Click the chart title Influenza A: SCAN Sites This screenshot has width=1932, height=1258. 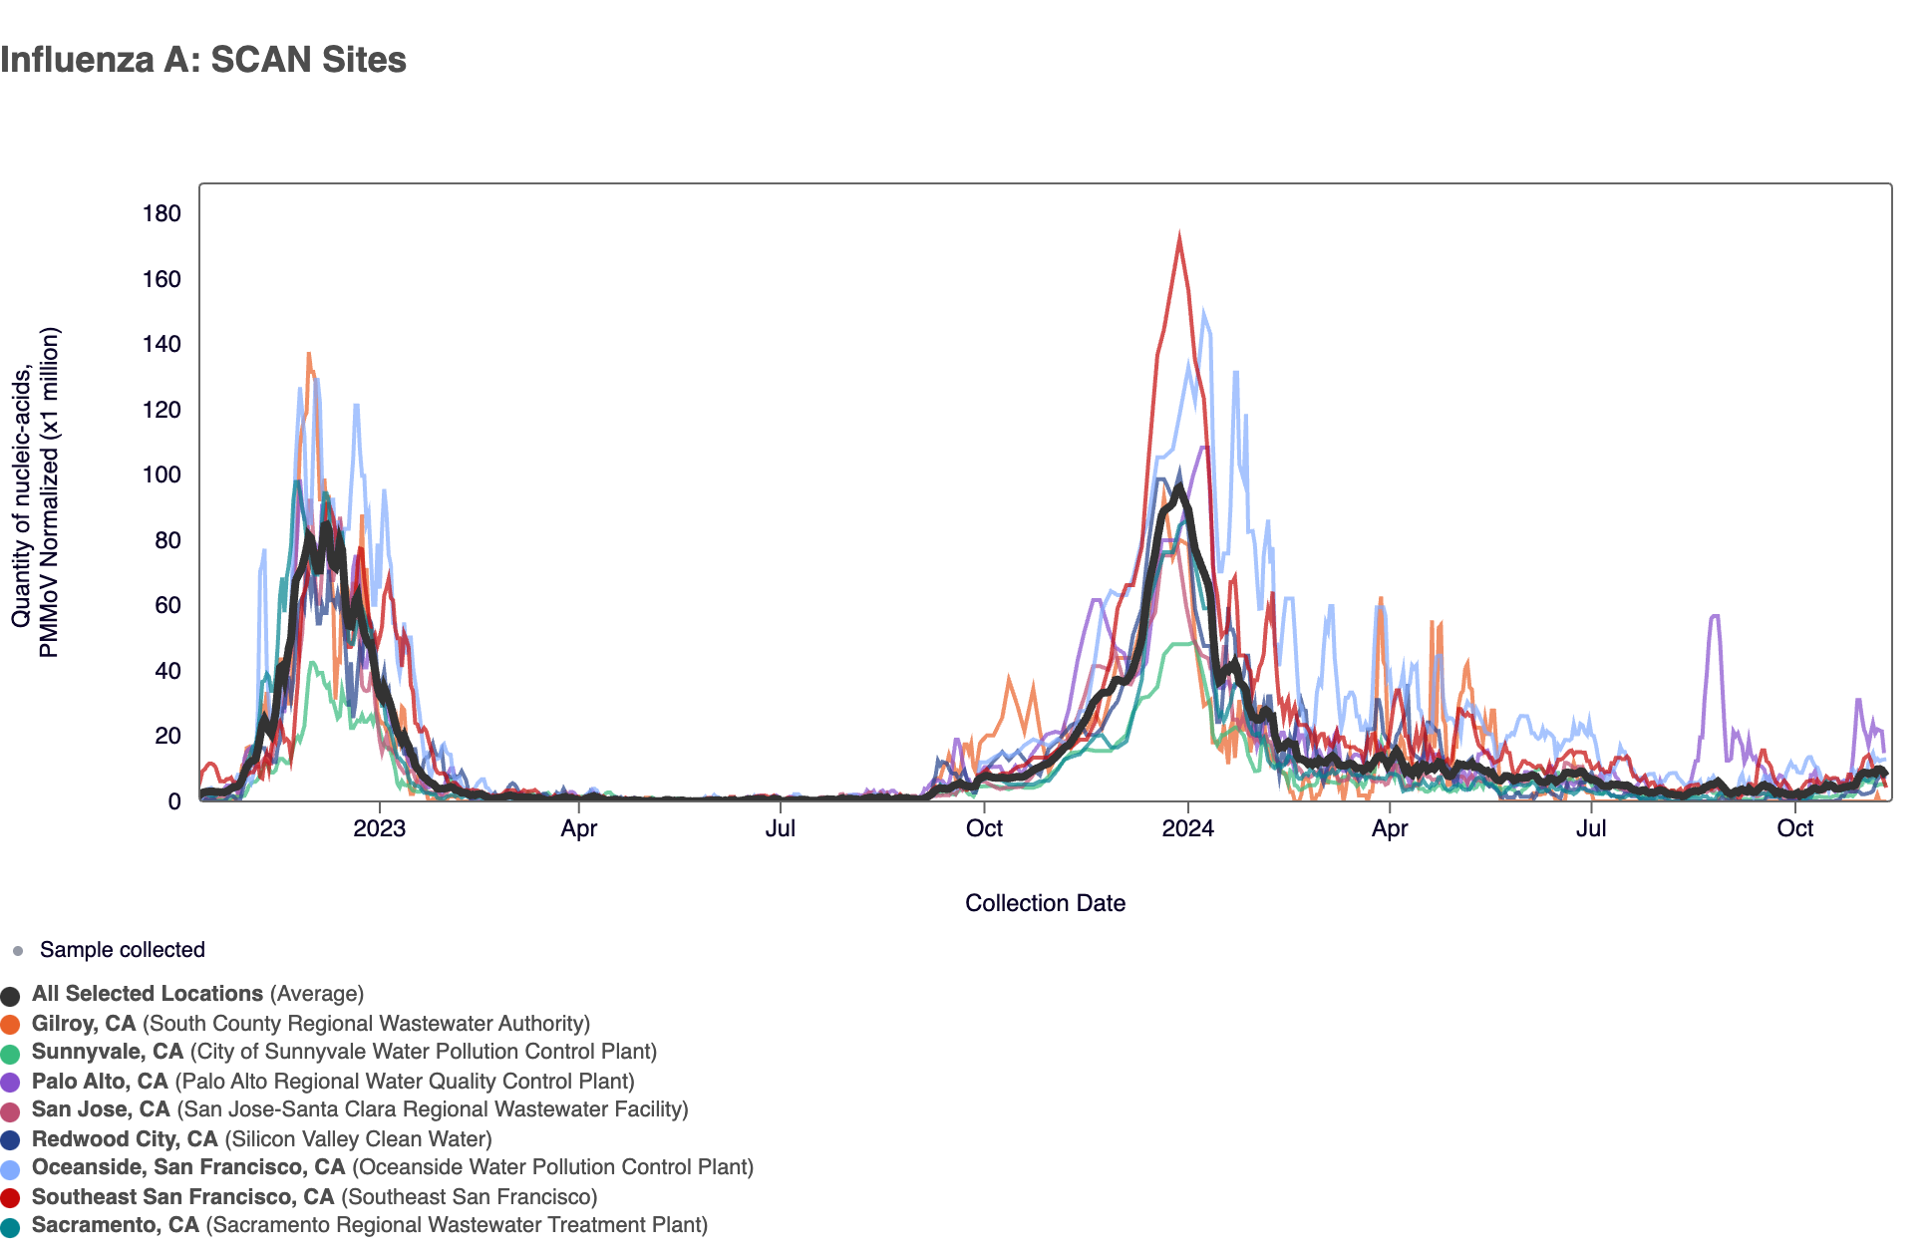click(x=203, y=60)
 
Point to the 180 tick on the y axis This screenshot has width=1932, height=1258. click(x=161, y=213)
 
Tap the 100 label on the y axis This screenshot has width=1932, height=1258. click(x=161, y=474)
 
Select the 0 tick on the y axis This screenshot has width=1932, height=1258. click(x=174, y=801)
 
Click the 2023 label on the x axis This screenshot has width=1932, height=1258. click(x=379, y=829)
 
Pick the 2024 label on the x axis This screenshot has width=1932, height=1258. click(x=1187, y=829)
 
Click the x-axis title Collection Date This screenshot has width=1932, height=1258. click(x=1045, y=903)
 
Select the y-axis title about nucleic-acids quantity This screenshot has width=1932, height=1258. click(x=36, y=492)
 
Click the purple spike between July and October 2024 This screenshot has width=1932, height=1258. click(x=1714, y=617)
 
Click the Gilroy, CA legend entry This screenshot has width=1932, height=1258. click(x=84, y=1024)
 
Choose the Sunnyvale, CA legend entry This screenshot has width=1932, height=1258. click(x=108, y=1052)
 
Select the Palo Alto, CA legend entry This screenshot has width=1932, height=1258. click(x=100, y=1082)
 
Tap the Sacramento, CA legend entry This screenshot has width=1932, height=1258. click(x=116, y=1225)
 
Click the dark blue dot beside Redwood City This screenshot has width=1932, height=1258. click(x=11, y=1140)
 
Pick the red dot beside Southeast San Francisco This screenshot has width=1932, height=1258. click(x=11, y=1198)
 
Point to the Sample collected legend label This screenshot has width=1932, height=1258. click(x=122, y=950)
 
